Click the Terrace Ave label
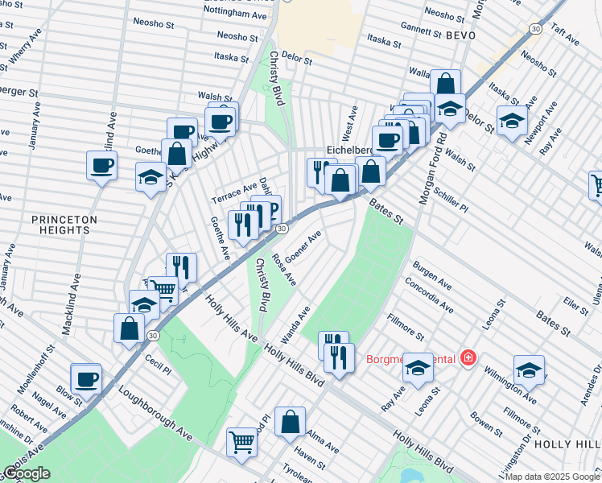pyautogui.click(x=233, y=192)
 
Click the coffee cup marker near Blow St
pyautogui.click(x=86, y=378)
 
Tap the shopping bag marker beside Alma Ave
pyautogui.click(x=290, y=421)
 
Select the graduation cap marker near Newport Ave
pyautogui.click(x=512, y=120)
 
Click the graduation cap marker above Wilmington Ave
pyautogui.click(x=528, y=369)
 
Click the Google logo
pyautogui.click(x=27, y=473)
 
